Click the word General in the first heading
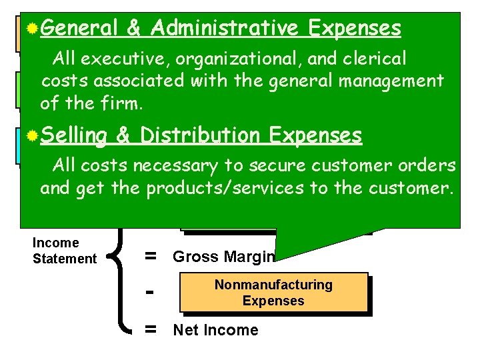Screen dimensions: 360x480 (x=79, y=28)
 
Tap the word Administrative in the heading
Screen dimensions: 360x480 (x=223, y=28)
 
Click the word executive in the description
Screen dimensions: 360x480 (x=119, y=59)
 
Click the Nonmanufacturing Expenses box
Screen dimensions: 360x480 (x=273, y=293)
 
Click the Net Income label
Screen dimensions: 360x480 (x=215, y=330)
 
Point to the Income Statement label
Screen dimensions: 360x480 (x=65, y=251)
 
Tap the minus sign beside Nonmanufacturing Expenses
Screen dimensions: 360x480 (x=151, y=293)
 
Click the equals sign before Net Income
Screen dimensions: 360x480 (x=151, y=329)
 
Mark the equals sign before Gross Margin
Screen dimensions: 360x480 (x=151, y=257)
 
